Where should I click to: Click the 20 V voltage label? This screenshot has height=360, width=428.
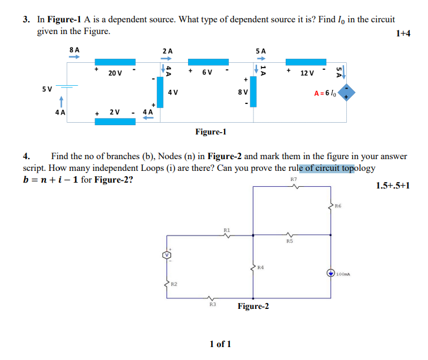(x=115, y=73)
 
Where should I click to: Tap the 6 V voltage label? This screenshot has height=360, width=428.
(x=207, y=72)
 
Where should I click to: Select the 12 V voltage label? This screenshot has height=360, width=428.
(x=307, y=73)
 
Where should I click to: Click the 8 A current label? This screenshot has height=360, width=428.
(x=75, y=51)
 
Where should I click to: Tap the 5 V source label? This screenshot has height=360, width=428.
(x=47, y=89)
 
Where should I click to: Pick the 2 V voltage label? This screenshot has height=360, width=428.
(x=115, y=112)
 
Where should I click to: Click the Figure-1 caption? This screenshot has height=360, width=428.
(x=210, y=132)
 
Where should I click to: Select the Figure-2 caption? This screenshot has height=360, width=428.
(x=253, y=306)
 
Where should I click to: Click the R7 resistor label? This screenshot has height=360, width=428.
(x=294, y=179)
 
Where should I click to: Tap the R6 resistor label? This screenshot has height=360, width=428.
(x=337, y=206)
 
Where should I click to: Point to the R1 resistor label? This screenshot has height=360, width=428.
(x=228, y=230)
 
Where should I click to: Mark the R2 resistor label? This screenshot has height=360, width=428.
(x=174, y=284)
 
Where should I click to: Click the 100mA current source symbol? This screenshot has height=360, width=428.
(x=332, y=272)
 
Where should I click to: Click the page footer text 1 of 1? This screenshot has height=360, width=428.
(x=220, y=343)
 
